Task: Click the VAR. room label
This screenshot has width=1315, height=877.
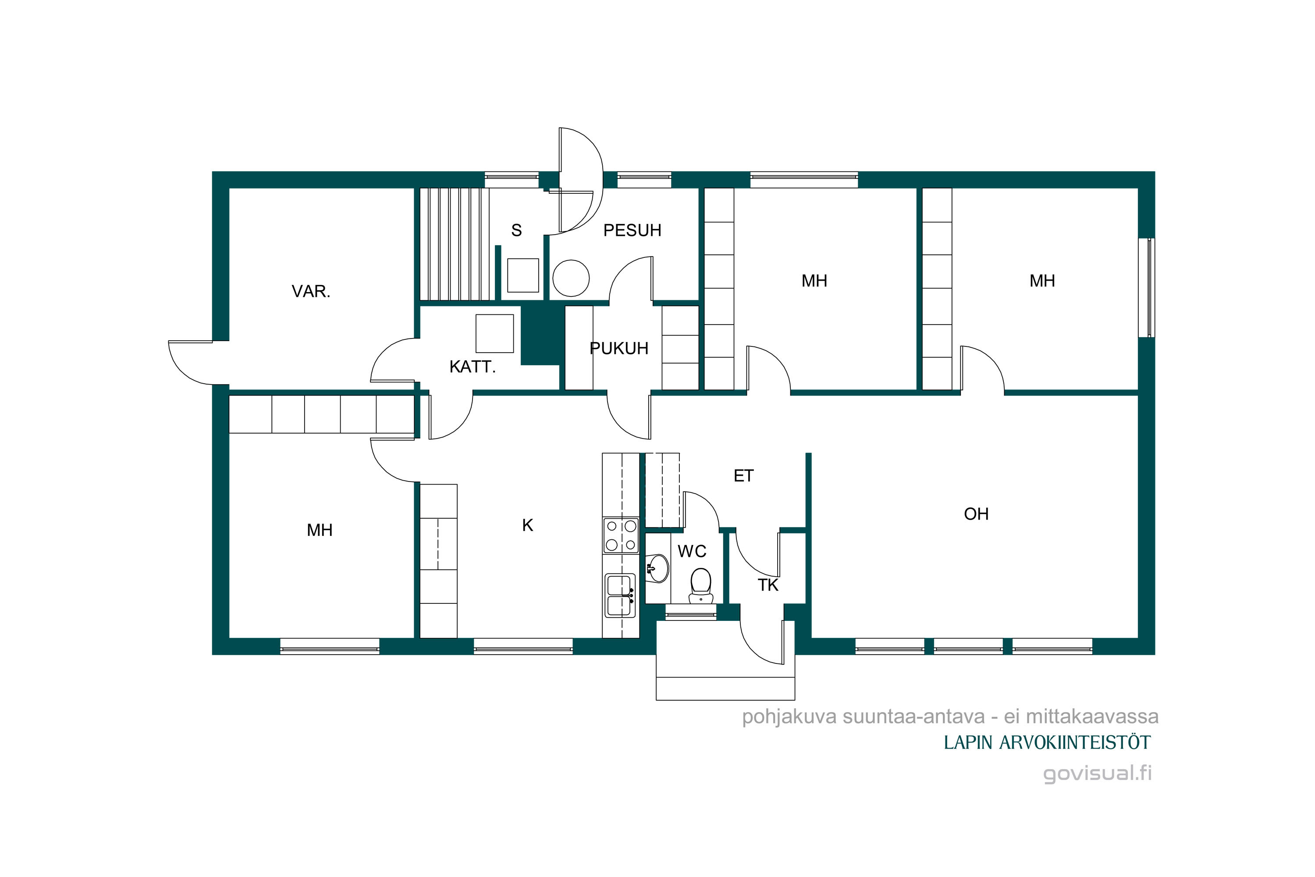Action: click(311, 292)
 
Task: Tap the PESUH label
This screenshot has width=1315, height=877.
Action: click(633, 231)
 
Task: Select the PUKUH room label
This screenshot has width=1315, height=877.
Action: click(619, 349)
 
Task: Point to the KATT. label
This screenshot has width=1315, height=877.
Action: click(473, 367)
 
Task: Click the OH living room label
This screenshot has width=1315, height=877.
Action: click(976, 514)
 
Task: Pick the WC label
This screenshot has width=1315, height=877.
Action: click(692, 552)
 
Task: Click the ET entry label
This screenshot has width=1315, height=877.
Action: click(743, 476)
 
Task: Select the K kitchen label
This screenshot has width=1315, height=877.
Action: click(527, 525)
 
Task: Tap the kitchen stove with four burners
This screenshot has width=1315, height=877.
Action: click(621, 535)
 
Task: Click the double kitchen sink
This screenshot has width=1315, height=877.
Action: click(620, 595)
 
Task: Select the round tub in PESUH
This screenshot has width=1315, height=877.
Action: click(571, 278)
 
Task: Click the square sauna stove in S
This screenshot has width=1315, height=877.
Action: click(523, 275)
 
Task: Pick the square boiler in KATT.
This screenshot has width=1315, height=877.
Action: click(494, 333)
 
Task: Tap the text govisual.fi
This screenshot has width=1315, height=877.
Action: click(1098, 774)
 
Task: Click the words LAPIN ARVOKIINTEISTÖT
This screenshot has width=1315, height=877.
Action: click(1047, 743)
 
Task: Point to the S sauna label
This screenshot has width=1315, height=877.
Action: click(517, 231)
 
